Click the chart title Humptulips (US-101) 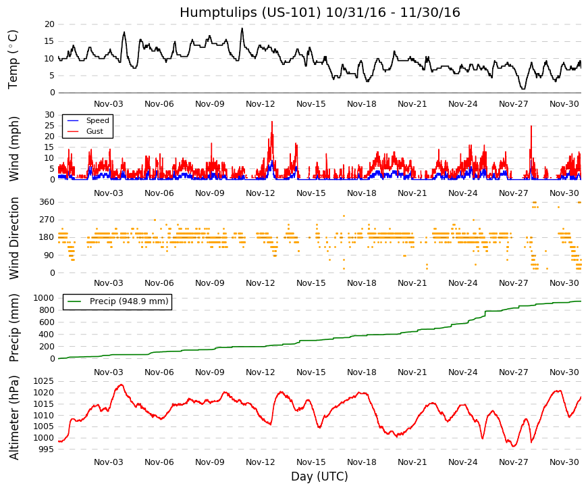pos(250,12)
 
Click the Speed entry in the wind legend pos(97,120)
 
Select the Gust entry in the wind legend pos(95,131)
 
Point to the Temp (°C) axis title pos(13,59)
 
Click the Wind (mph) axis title pos(14,149)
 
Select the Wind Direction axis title pos(14,239)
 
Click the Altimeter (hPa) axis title pos(14,418)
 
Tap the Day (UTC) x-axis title pos(319,476)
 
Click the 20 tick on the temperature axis pos(49,24)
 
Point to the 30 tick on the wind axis pos(49,115)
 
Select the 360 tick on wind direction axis pos(47,202)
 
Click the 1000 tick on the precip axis pos(45,298)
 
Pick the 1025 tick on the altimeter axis pos(43,381)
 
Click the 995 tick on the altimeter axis pos(47,449)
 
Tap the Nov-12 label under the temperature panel pos(261,104)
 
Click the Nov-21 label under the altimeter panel pos(412,462)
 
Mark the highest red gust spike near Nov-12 pos(272,122)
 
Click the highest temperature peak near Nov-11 pos(242,28)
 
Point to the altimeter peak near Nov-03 pos(121,385)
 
